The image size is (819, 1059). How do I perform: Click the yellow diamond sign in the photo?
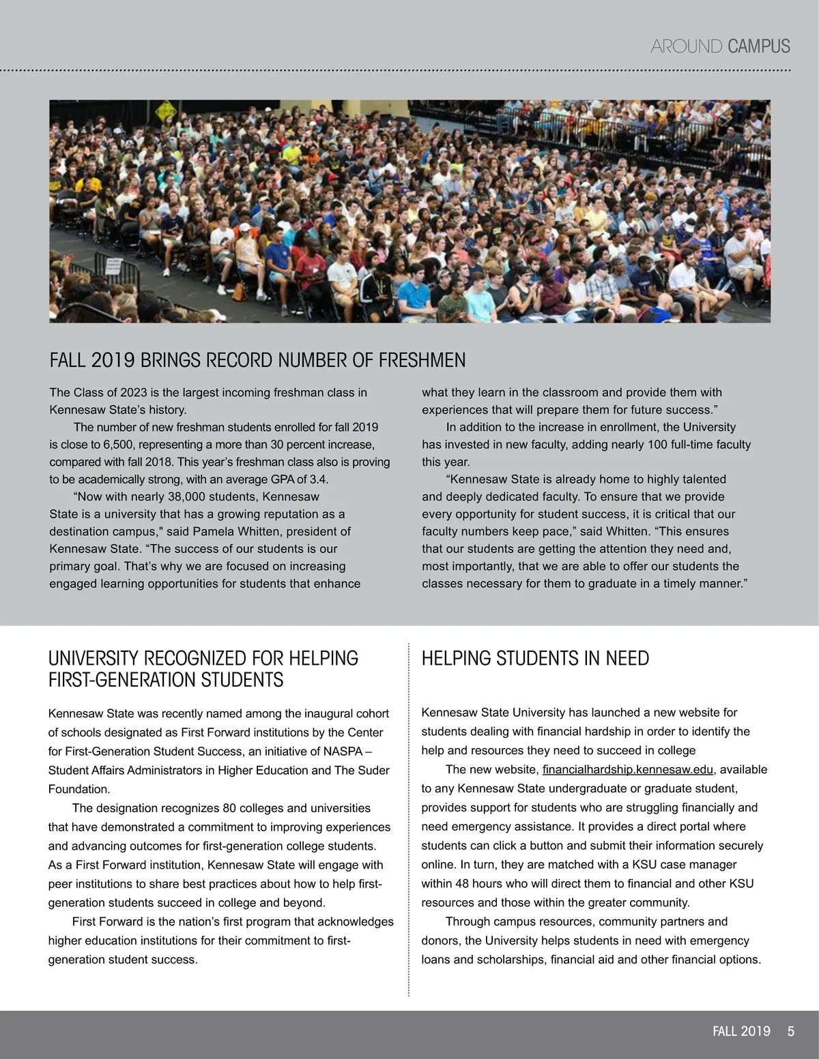click(166, 110)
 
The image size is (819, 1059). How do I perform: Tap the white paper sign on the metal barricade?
click(113, 265)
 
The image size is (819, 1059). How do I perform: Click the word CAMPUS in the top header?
click(759, 46)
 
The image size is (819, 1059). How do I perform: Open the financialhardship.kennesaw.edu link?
click(628, 770)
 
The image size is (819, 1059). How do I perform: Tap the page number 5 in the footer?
click(791, 1031)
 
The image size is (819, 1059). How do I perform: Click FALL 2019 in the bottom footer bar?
click(741, 1031)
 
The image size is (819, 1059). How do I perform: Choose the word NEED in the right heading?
click(627, 659)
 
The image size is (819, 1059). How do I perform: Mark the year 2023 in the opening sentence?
click(134, 393)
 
